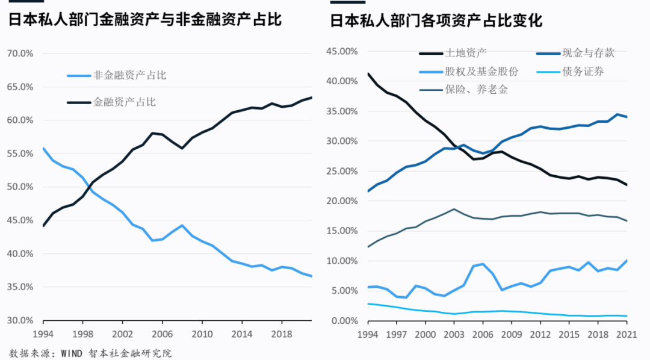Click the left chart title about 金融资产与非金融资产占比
[144, 20]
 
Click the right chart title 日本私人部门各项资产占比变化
[436, 21]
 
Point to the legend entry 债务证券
[583, 72]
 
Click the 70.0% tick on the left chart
[20, 54]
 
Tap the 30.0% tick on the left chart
[20, 320]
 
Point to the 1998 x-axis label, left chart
[84, 333]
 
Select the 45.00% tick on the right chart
[341, 51]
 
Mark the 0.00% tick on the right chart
[344, 320]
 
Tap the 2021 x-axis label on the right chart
[626, 333]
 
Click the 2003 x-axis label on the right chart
[453, 333]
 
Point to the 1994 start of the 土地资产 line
[368, 74]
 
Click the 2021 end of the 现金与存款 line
[626, 117]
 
